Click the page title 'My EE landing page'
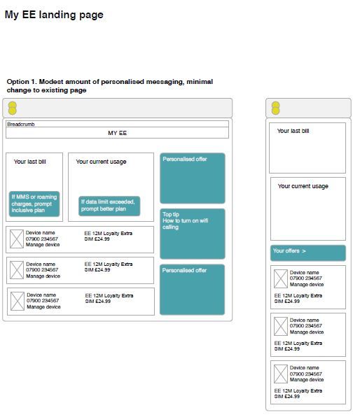[54, 15]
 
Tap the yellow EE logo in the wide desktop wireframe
[13, 108]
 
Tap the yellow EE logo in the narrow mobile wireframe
[276, 108]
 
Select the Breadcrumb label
[21, 125]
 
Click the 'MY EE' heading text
[118, 133]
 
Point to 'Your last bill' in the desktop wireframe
[30, 162]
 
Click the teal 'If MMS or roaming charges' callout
[34, 204]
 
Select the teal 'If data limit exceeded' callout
[109, 206]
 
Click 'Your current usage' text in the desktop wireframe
[101, 162]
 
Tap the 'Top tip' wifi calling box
[193, 234]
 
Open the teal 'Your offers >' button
[308, 253]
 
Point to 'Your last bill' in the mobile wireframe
[293, 131]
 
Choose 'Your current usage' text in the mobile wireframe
[303, 186]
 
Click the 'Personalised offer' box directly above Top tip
[193, 178]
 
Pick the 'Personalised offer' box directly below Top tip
[192, 290]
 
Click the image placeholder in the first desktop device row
[17, 239]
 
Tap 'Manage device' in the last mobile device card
[307, 380]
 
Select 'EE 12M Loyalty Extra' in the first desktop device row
[109, 233]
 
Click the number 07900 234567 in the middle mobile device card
[306, 326]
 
